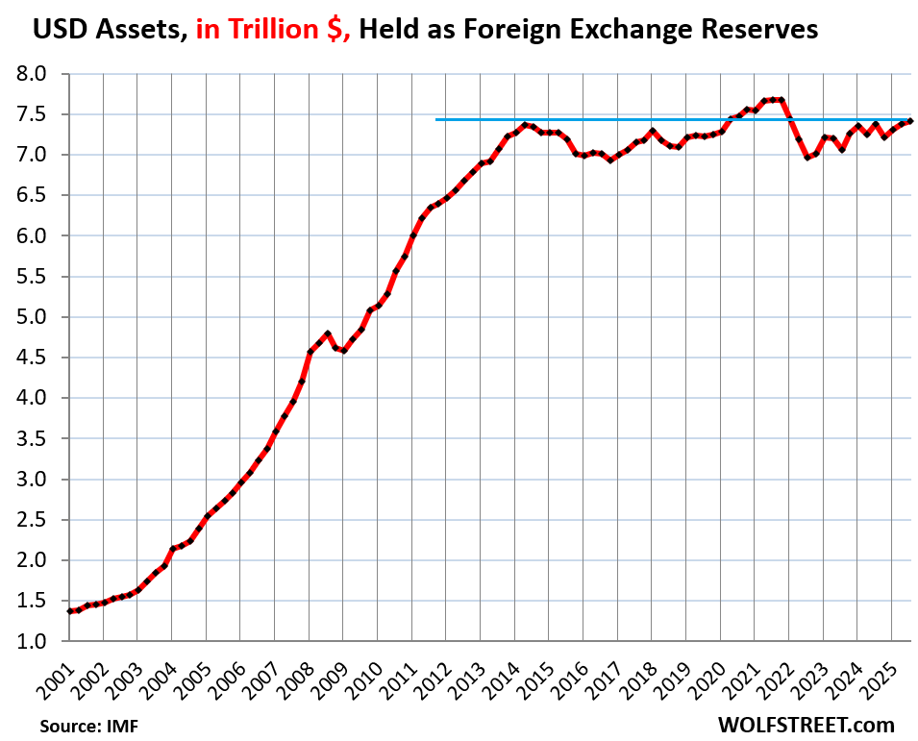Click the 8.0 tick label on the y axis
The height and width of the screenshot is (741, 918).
(x=40, y=74)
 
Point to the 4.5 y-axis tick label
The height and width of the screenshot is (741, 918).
(x=40, y=358)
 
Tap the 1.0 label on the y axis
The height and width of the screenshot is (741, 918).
(x=40, y=641)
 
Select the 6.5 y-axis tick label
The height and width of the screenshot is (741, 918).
(x=40, y=195)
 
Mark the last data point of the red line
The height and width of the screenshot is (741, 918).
(x=910, y=121)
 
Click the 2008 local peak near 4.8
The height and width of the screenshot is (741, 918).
(x=328, y=333)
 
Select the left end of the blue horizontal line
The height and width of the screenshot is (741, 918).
(x=437, y=120)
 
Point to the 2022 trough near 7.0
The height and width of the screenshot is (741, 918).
(x=806, y=158)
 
